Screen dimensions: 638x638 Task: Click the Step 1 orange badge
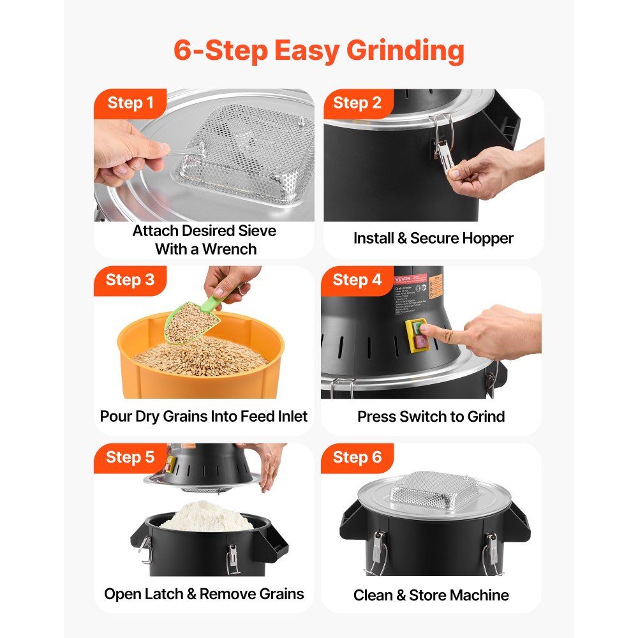130,103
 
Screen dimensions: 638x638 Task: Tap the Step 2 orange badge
357,103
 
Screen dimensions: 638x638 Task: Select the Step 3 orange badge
130,280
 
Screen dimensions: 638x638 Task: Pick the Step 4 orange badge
357,280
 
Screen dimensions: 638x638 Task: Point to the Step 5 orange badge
130,457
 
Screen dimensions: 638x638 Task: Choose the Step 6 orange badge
357,457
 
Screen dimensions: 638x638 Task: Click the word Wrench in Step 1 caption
226,249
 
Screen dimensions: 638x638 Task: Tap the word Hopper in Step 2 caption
488,239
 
